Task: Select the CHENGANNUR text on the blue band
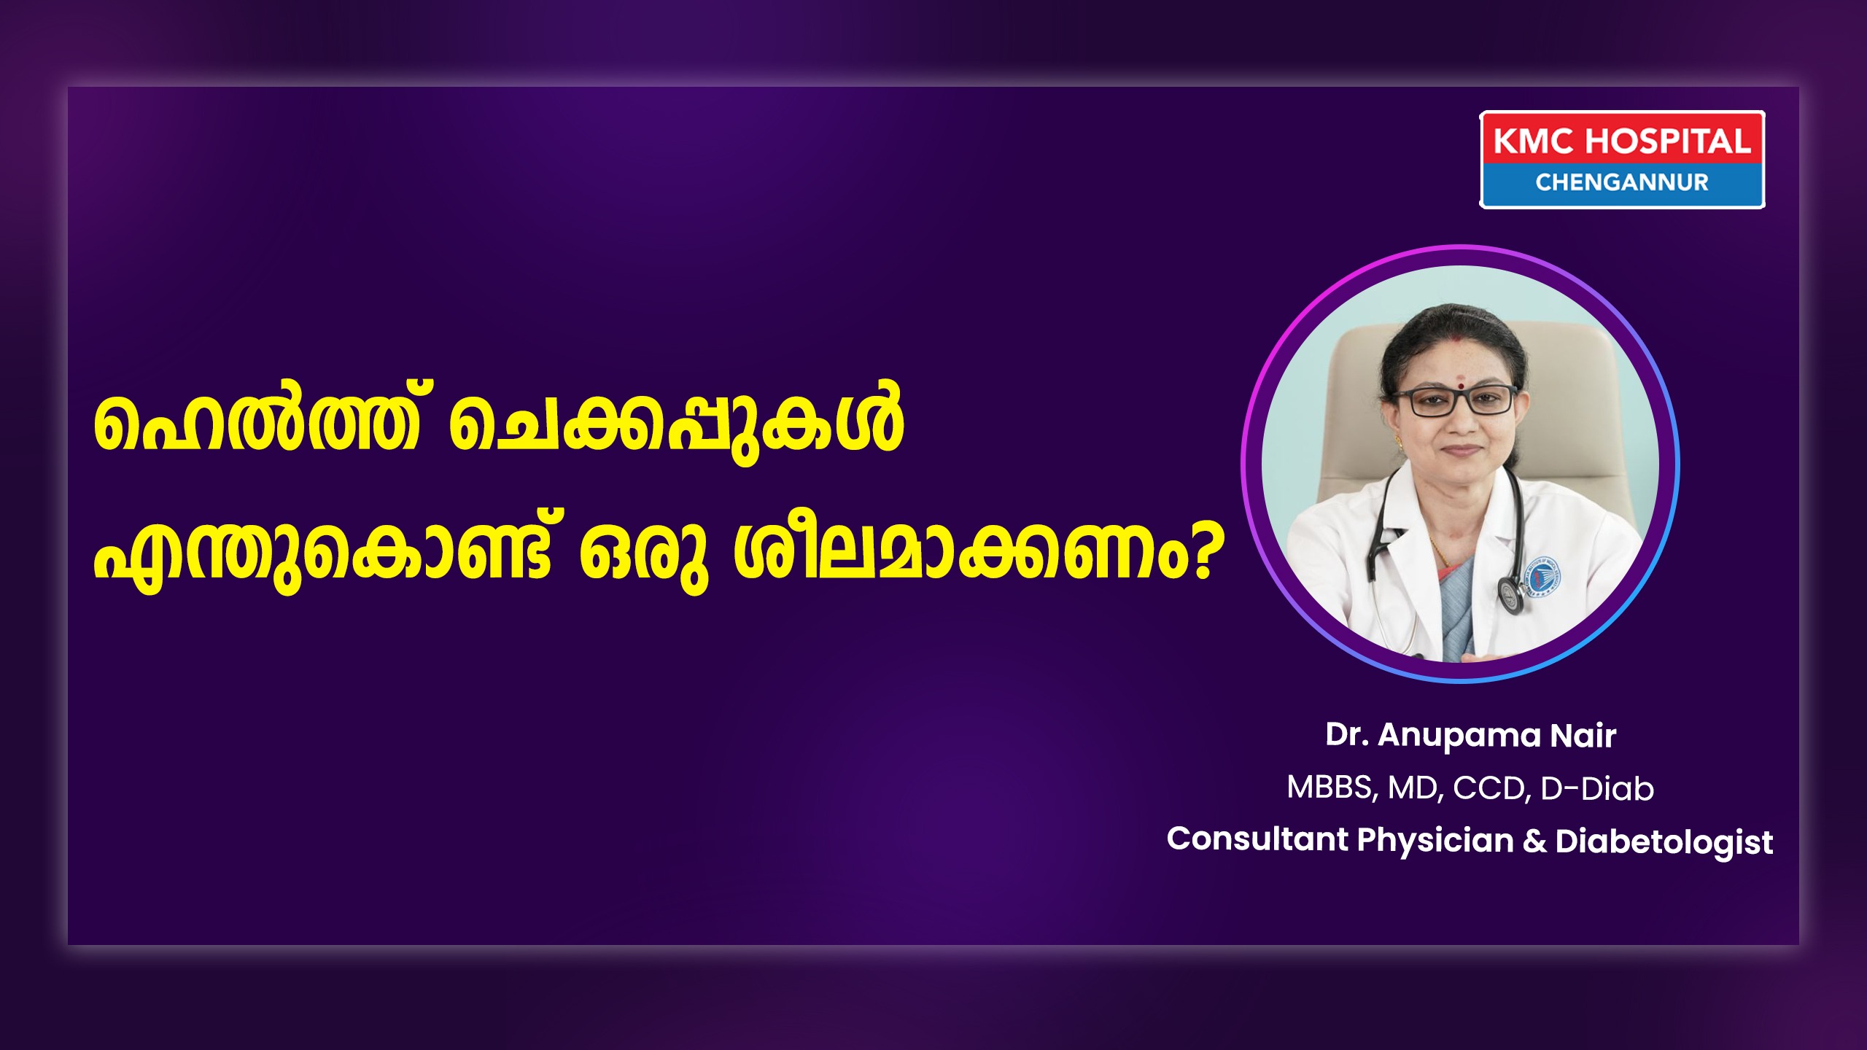tap(1622, 182)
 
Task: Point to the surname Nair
tap(1583, 735)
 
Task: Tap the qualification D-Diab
tap(1597, 789)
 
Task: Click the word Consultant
tap(1257, 839)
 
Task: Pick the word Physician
tap(1435, 841)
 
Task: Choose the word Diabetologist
tap(1664, 843)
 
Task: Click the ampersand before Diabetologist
tap(1534, 841)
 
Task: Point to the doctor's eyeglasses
tap(1456, 401)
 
